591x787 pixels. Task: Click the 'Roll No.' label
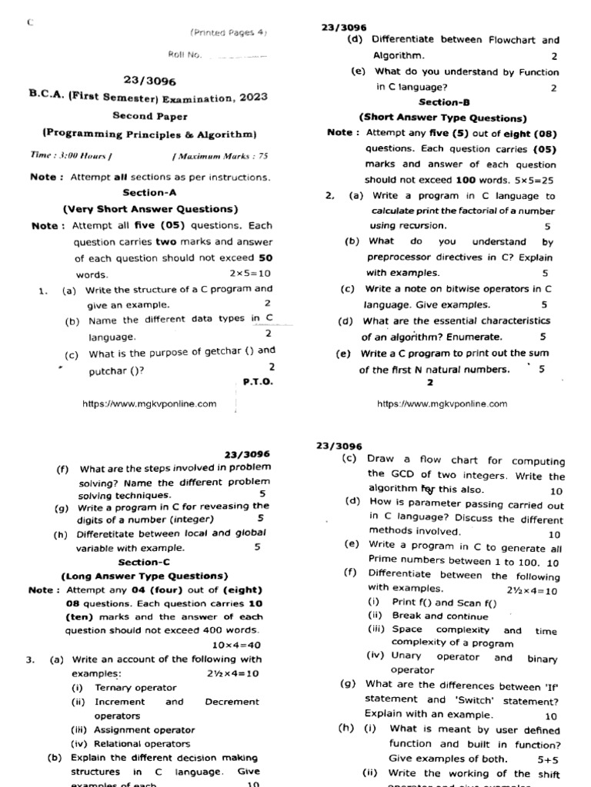pos(184,55)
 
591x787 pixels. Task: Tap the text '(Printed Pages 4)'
pos(228,33)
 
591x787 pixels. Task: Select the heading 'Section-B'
pos(444,101)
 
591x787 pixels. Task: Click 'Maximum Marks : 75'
pos(220,156)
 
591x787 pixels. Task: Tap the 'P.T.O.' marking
pos(257,381)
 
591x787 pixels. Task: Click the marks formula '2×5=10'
pos(250,274)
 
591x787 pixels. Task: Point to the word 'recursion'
pos(419,226)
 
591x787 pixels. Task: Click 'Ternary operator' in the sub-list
pos(135,688)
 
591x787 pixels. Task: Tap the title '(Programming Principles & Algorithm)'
pos(149,132)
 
